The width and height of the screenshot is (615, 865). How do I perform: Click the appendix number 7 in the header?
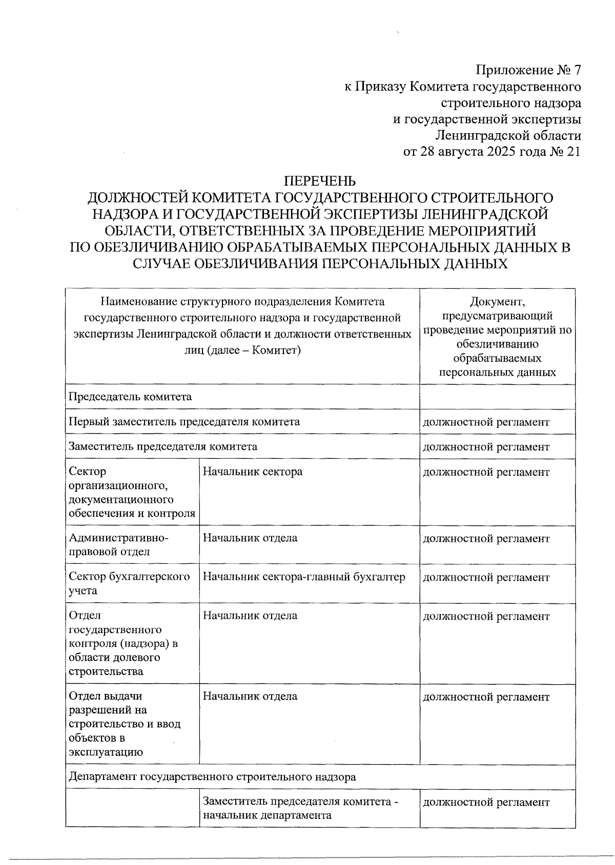coord(577,70)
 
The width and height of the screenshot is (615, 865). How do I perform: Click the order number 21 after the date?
coord(574,152)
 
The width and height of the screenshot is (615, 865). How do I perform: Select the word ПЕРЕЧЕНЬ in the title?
coord(320,181)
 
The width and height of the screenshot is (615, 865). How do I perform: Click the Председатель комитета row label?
coord(130,396)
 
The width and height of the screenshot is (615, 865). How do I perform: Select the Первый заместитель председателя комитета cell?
coord(184,421)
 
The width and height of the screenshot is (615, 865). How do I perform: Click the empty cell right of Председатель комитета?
coord(497,396)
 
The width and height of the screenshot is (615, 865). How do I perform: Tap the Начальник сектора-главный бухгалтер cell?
coord(304,577)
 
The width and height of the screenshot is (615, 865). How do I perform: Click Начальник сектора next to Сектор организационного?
coord(253,471)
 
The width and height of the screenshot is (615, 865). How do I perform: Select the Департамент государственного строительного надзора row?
coord(212,776)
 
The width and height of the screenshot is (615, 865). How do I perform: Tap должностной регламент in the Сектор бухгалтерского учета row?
coord(485,577)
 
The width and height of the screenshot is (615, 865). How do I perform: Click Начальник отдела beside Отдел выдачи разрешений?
coord(250,696)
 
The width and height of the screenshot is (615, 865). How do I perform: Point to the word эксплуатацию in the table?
coord(105,752)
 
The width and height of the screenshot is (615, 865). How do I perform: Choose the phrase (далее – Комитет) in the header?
coord(242,350)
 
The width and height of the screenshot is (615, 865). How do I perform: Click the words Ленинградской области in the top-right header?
coord(507,136)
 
